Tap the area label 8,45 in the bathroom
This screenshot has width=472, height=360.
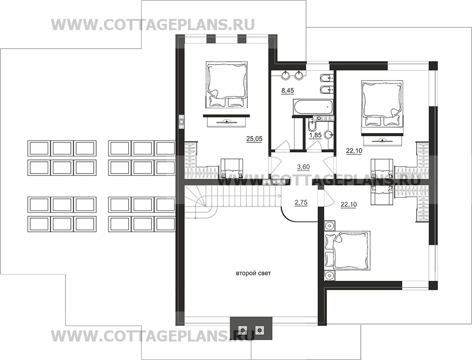(288, 90)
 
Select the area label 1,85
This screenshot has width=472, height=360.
(316, 135)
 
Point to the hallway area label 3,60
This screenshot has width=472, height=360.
(303, 167)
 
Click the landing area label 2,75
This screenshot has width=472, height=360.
(301, 203)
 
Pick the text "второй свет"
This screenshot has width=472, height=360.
(253, 274)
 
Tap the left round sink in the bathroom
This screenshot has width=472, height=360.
(286, 75)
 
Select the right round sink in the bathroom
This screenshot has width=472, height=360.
(299, 75)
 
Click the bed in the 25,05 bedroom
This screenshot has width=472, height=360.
(227, 85)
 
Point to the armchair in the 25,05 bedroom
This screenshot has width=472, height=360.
(232, 168)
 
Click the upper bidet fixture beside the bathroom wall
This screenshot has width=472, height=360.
(326, 78)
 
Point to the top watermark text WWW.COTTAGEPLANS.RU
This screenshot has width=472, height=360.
(153, 25)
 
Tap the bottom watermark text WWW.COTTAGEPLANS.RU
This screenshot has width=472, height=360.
(153, 336)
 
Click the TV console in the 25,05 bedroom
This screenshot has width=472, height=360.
(226, 121)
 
